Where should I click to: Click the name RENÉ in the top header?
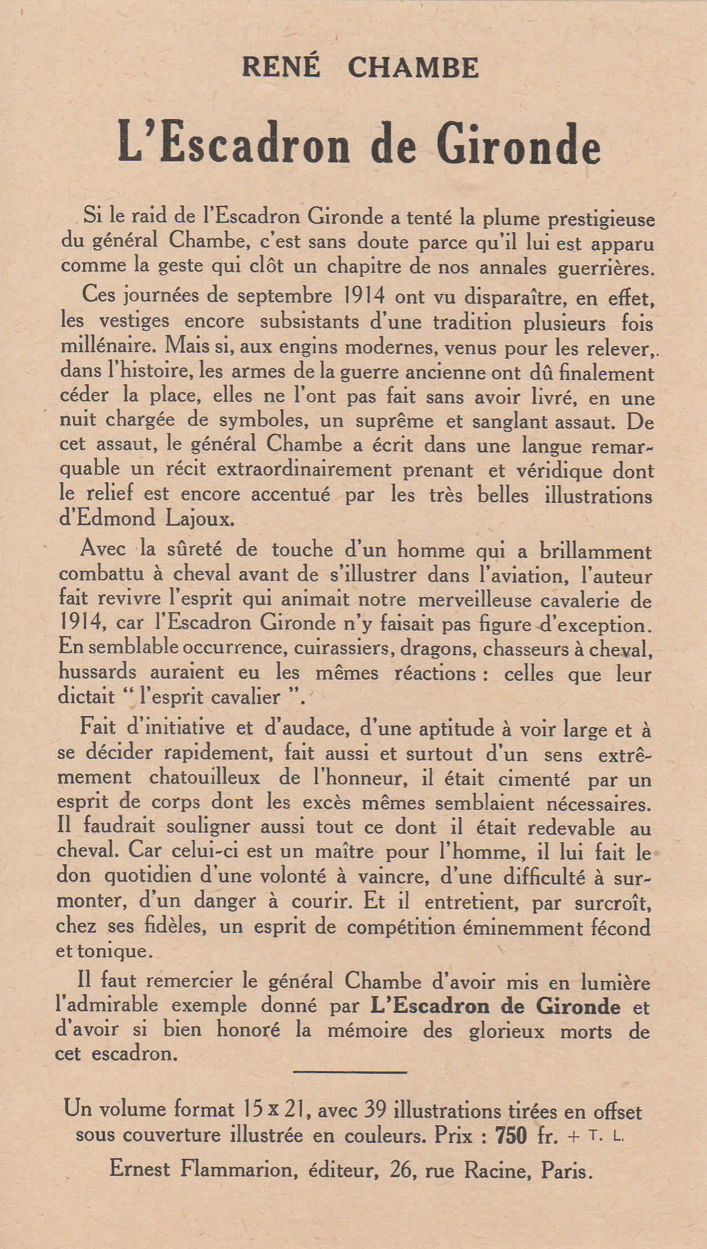[x=281, y=67]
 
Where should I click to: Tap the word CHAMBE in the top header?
[x=413, y=68]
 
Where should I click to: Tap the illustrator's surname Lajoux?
[x=200, y=519]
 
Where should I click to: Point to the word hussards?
[x=98, y=672]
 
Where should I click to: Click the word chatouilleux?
[x=204, y=777]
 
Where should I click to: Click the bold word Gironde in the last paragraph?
[x=578, y=1006]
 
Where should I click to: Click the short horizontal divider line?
[x=350, y=1072]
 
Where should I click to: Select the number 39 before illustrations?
[x=376, y=1111]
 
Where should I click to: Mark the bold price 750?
[x=511, y=1136]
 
